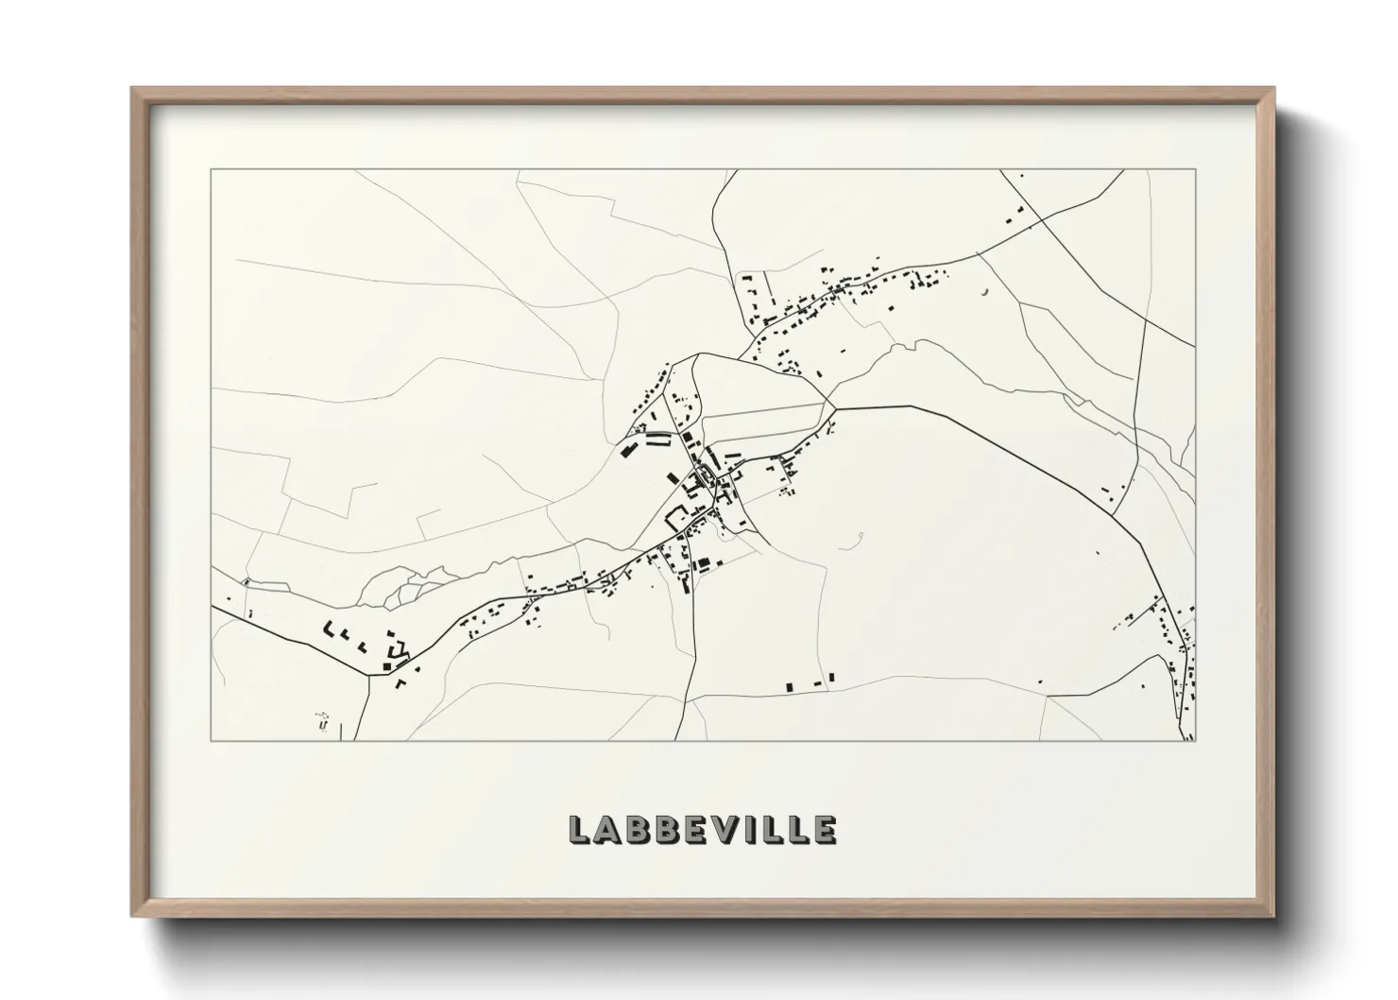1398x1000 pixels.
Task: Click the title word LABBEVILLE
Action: pyautogui.click(x=702, y=829)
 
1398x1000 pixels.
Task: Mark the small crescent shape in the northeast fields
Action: pyautogui.click(x=986, y=291)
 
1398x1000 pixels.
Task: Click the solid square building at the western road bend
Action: pyautogui.click(x=386, y=666)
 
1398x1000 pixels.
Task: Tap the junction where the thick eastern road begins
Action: pyautogui.click(x=837, y=407)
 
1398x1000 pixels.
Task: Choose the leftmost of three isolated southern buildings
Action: pyautogui.click(x=789, y=684)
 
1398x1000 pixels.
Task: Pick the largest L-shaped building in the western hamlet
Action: pyautogui.click(x=331, y=628)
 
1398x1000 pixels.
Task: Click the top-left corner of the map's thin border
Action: pyautogui.click(x=212, y=170)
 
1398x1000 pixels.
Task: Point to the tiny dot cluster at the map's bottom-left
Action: pyautogui.click(x=322, y=722)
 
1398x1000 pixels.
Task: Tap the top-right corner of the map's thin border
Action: pyautogui.click(x=1196, y=170)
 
